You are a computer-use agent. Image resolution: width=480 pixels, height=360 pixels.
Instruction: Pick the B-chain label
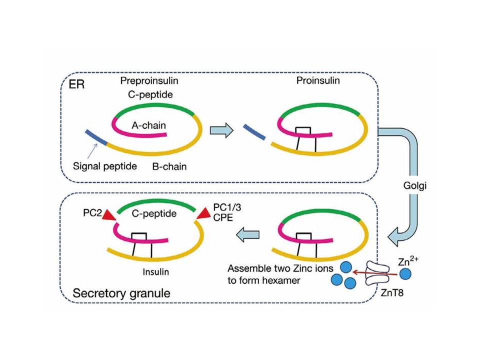pos(169,166)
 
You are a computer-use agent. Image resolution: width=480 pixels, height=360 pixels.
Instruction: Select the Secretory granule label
pos(121,292)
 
